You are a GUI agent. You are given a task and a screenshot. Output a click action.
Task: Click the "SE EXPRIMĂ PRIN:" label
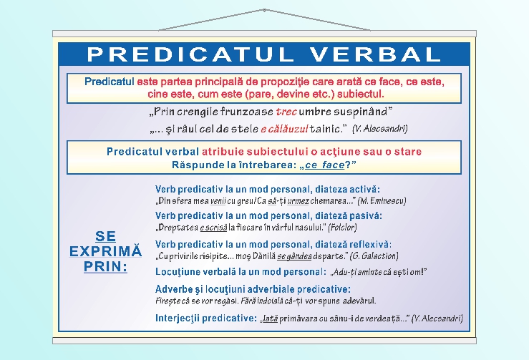105,251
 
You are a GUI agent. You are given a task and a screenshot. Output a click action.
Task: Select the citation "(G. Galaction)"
374,256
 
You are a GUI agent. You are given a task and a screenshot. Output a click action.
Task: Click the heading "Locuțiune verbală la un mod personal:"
241,272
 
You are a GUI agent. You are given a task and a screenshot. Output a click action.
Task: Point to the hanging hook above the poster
264,11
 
